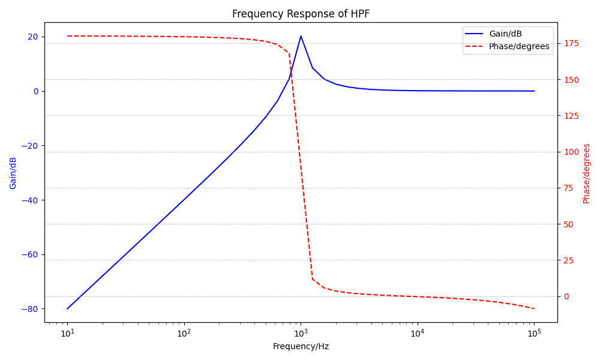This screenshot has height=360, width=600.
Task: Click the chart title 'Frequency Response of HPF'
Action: (301, 14)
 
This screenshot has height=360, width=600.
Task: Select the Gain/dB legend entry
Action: (506, 34)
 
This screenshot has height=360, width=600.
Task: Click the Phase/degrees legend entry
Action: (519, 46)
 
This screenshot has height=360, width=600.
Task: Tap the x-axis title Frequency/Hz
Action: (301, 346)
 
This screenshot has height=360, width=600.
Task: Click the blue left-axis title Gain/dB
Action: (13, 173)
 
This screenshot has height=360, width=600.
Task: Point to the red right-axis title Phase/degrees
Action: (587, 173)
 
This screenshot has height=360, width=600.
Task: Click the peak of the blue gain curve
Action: (301, 36)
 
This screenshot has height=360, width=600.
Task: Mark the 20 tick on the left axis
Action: (32, 37)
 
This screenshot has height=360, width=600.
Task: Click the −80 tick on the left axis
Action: (29, 309)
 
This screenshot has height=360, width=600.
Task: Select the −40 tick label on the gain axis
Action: (29, 200)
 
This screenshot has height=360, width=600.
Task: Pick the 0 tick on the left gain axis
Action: (35, 91)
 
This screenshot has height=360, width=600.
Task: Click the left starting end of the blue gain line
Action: (68, 308)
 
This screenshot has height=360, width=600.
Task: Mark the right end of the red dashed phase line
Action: (534, 308)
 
